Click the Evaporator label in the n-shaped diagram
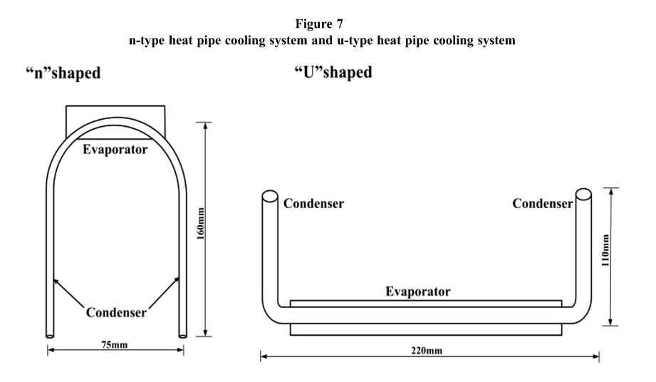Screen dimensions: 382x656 115,150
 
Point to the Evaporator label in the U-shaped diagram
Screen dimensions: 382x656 418,291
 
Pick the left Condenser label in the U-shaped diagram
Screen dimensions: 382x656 314,203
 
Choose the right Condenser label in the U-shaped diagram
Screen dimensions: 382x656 543,203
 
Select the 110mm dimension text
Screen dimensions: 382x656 606,254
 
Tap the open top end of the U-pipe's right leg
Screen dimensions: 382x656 582,195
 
